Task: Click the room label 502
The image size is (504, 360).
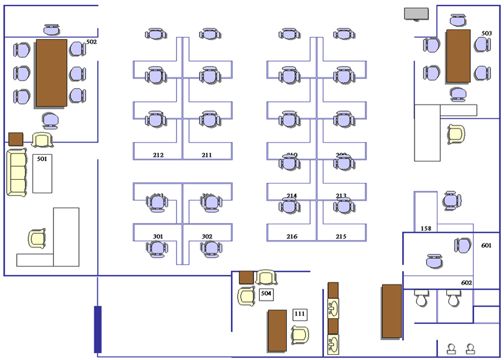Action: click(x=92, y=41)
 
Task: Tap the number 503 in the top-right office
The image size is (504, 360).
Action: click(x=486, y=34)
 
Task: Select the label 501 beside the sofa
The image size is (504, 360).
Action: click(x=42, y=159)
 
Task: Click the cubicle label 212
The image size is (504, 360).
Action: click(x=158, y=155)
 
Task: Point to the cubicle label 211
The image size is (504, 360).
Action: click(x=207, y=155)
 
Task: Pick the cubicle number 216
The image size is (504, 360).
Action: click(x=292, y=237)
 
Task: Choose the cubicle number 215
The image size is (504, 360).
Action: click(x=341, y=237)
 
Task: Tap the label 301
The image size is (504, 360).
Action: click(x=158, y=236)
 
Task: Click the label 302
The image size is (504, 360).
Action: click(x=207, y=236)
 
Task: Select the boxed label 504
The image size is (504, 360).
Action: click(x=266, y=294)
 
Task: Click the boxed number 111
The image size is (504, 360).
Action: click(x=300, y=314)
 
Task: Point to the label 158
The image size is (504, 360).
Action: click(x=426, y=228)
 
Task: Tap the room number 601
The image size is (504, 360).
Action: click(x=487, y=245)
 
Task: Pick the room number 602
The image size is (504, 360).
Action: click(x=467, y=283)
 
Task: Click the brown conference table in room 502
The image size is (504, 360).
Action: click(x=51, y=73)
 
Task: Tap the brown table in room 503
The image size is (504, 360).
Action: click(x=458, y=56)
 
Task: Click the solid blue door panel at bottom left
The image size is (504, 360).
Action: click(x=97, y=329)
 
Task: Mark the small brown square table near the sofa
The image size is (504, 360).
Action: click(x=16, y=139)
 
